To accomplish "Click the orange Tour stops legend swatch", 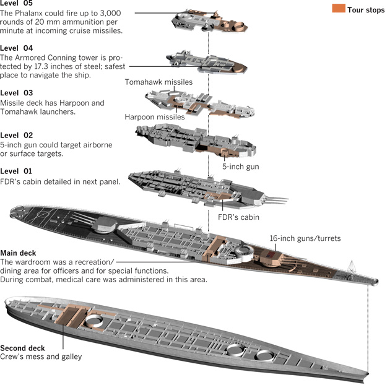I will [339, 9].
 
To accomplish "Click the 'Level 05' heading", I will [17, 3].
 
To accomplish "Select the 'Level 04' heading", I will [17, 48].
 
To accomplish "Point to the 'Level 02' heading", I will [17, 135].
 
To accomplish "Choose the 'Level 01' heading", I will [17, 170].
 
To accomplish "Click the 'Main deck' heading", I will [18, 253].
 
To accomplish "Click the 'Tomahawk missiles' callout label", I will [158, 82].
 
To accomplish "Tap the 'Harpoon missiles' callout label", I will [155, 116].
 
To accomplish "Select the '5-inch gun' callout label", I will [241, 166].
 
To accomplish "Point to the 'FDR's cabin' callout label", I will [239, 217].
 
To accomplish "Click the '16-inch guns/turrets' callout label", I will [305, 238].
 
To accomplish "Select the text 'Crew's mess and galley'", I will [41, 357].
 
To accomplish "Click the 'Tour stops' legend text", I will [366, 9].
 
